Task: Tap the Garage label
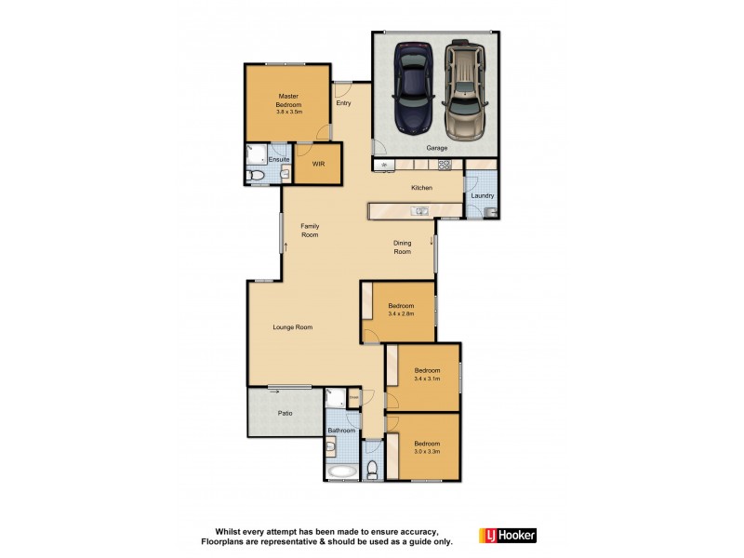(437, 148)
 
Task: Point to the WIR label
(318, 164)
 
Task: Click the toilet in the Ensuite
(255, 174)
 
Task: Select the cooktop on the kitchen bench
(445, 166)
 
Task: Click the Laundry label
(482, 195)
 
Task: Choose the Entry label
(343, 103)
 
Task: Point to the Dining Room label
(402, 246)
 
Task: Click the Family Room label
(310, 231)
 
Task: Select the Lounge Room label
(292, 327)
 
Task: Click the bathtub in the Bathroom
(339, 472)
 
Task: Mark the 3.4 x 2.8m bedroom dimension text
(401, 314)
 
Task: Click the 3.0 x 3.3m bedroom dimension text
(427, 451)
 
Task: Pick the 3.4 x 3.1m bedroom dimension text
(427, 378)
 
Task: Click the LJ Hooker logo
(507, 536)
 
